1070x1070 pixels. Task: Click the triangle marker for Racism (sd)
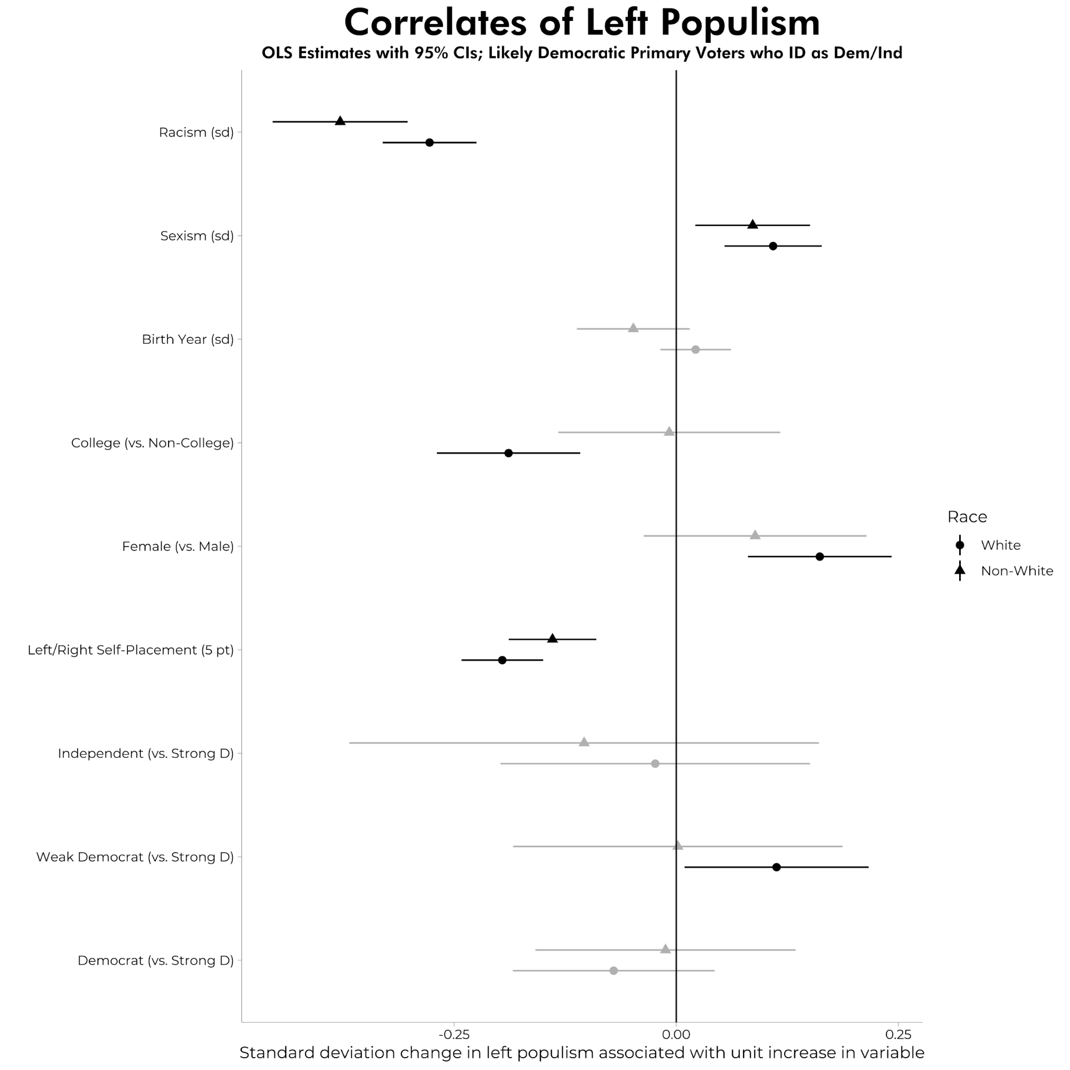340,122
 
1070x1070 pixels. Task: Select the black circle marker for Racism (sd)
429,142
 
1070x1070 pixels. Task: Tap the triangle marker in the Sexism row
752,224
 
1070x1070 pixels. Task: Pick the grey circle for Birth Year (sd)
696,350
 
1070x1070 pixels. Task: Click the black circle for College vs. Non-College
509,453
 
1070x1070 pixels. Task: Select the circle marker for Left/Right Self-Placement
502,660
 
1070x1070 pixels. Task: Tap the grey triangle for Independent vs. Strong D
584,742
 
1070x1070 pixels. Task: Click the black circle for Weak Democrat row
777,867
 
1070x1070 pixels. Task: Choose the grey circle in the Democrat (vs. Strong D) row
613,970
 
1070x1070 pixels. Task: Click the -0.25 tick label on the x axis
454,1035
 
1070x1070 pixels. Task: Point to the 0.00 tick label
676,1035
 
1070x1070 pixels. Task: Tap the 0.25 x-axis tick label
898,1035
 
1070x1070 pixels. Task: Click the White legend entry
1000,545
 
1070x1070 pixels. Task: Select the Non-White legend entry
1016,571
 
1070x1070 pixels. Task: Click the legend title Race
967,517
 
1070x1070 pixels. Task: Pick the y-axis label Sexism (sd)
196,236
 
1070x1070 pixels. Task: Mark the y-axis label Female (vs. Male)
178,547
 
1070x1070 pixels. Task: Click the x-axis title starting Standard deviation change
581,1053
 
